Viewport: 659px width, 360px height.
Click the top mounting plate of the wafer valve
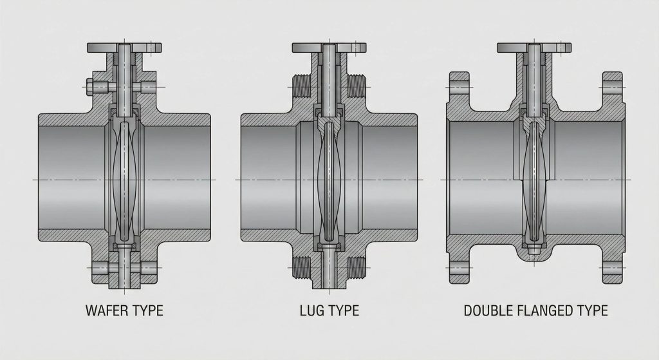coord(125,48)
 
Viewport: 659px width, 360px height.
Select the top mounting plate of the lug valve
coord(329,48)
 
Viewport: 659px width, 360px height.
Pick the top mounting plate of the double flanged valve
coord(534,48)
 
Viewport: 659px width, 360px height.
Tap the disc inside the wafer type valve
coord(125,180)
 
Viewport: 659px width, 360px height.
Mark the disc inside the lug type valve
coord(329,180)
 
